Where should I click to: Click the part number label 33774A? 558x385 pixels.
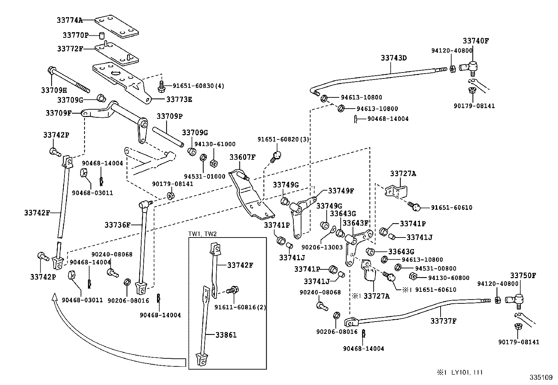pyautogui.click(x=69, y=20)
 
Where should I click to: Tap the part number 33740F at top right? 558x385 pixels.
pyautogui.click(x=475, y=41)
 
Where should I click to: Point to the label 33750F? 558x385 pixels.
pyautogui.click(x=523, y=275)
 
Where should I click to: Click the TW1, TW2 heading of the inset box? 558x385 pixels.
pyautogui.click(x=202, y=234)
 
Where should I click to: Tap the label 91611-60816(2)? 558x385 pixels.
pyautogui.click(x=240, y=307)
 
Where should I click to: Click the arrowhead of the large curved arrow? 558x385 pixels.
pyautogui.click(x=54, y=297)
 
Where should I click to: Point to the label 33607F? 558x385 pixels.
pyautogui.click(x=242, y=157)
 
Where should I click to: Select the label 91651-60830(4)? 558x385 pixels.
pyautogui.click(x=198, y=85)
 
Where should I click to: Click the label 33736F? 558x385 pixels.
pyautogui.click(x=117, y=225)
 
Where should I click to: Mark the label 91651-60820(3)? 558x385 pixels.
pyautogui.click(x=283, y=139)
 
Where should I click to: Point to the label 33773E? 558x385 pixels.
pyautogui.click(x=179, y=99)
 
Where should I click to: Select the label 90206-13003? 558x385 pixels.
pyautogui.click(x=322, y=247)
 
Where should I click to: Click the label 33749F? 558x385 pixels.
pyautogui.click(x=341, y=191)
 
